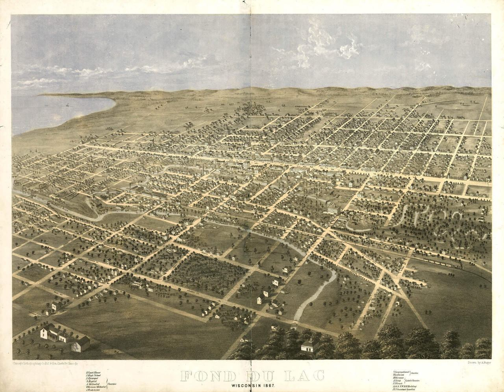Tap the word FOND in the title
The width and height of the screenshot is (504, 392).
pos(199,375)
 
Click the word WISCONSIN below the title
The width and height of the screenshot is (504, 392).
pos(248,384)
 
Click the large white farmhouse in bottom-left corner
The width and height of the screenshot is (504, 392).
pos(55,335)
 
